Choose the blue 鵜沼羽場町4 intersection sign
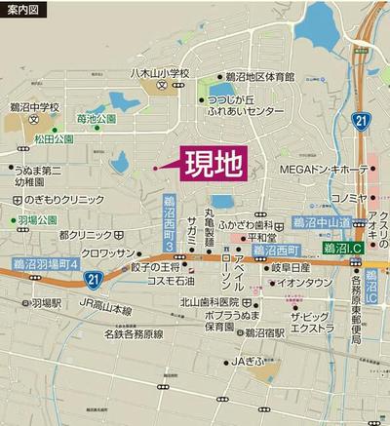[x=47, y=262]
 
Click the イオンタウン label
[x=305, y=283]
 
